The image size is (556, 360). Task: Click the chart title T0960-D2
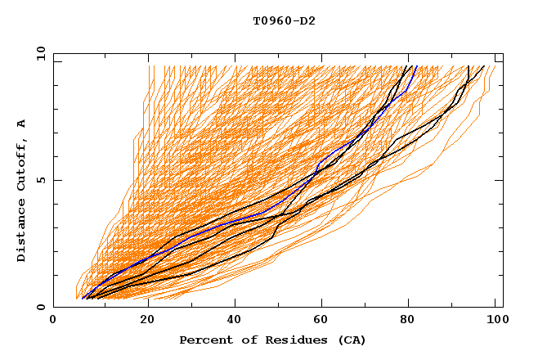(x=284, y=20)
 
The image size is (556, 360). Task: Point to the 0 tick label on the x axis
(x=53, y=320)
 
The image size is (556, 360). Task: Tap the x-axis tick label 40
(x=234, y=320)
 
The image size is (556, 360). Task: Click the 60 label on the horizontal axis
(x=322, y=320)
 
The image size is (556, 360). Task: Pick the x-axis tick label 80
(x=411, y=320)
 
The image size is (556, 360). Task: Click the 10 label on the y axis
(x=40, y=53)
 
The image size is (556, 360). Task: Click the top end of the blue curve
(x=416, y=66)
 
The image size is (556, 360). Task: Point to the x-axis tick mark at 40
(x=234, y=304)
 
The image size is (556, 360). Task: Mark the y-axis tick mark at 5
(x=56, y=180)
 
